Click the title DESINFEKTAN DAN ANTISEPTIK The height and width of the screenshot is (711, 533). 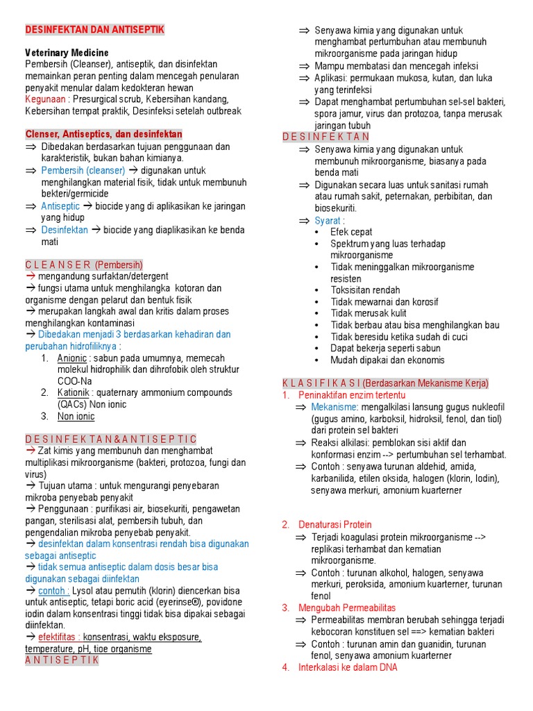click(94, 30)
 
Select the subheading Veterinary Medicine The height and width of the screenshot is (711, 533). click(67, 53)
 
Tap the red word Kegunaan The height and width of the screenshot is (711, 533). click(45, 99)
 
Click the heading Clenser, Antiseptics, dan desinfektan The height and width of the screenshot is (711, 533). click(103, 134)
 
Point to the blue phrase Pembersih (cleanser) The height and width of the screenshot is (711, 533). click(83, 170)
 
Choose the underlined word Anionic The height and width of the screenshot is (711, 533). click(72, 358)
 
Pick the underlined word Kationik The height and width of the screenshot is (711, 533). click(73, 393)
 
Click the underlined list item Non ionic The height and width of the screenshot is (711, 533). click(76, 417)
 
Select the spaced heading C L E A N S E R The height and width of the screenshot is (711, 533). click(58, 265)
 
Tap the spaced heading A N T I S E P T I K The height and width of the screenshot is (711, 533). click(62, 660)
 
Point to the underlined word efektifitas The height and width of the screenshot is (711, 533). click(58, 637)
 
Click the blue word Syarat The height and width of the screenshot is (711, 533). click(328, 220)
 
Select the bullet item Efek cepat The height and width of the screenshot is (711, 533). click(351, 232)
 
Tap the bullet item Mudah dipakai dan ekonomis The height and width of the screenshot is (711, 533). click(387, 360)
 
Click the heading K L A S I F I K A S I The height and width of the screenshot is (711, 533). click(321, 383)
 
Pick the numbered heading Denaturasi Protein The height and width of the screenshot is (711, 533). click(335, 525)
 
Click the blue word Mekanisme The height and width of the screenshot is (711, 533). click(334, 407)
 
